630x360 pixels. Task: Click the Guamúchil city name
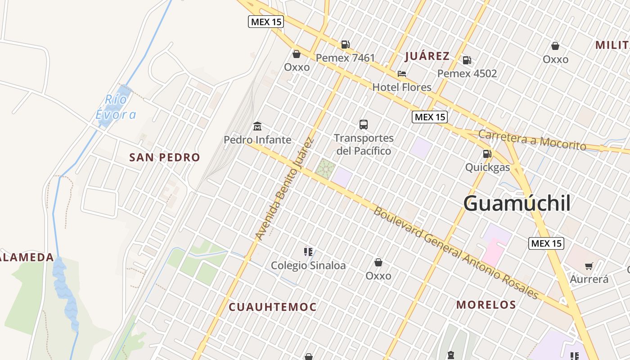517,203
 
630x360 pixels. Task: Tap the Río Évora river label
116,107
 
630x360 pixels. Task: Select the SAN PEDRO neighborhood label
164,157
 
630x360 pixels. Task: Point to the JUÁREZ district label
427,56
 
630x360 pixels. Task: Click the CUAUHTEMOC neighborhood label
273,307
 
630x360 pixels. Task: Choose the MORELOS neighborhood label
486,305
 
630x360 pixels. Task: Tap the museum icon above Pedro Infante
257,126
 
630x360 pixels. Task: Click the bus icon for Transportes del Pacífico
363,125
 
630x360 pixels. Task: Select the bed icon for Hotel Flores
401,73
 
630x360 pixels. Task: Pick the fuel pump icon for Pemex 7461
345,44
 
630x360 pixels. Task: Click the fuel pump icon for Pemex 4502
467,60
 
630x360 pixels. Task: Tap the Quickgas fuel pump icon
487,154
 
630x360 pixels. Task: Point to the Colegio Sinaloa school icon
308,252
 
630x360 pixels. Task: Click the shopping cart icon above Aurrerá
589,266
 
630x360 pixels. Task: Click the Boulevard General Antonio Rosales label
455,253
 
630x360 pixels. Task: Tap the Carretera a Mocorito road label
532,140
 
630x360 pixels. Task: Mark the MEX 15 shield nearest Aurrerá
546,243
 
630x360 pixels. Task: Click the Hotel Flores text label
401,87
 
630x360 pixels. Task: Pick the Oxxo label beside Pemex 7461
297,67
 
